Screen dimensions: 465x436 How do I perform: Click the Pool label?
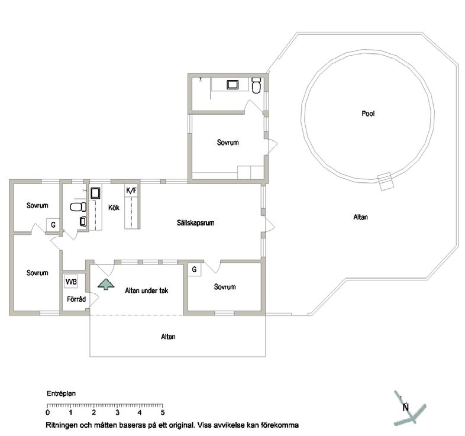pos(368,114)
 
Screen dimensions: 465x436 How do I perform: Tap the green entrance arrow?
pos(106,284)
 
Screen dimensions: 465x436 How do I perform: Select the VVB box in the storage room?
pos(71,281)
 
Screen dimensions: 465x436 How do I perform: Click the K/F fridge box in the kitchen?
pos(131,190)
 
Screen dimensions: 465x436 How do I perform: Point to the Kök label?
pos(114,207)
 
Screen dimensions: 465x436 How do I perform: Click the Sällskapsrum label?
pos(195,223)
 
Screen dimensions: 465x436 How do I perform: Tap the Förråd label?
pos(76,299)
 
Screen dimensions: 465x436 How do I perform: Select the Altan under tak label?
pos(147,290)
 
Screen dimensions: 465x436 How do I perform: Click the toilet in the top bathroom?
pos(256,85)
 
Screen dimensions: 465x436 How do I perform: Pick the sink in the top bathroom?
pos(233,85)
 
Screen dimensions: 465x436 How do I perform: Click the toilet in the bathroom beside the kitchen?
pos(78,206)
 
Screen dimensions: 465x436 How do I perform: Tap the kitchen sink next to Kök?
pos(95,193)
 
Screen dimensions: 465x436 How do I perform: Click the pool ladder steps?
pos(386,181)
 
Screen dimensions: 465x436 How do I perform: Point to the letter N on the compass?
pos(406,407)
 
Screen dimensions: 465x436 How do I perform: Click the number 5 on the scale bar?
pos(163,412)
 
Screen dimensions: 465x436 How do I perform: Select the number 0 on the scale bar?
pos(48,412)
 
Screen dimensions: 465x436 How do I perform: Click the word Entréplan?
pos(61,393)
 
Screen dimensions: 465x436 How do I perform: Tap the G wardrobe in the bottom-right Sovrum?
pos(194,269)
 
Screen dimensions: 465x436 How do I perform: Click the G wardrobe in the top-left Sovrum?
pos(53,225)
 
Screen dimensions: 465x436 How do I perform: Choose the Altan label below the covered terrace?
pos(168,337)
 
